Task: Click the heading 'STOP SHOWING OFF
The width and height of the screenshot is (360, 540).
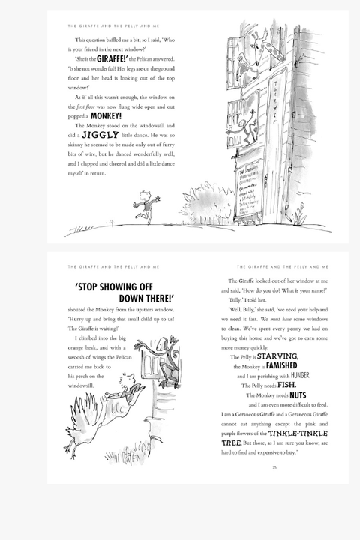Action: click(124, 286)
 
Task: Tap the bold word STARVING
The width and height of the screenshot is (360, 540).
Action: click(278, 356)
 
